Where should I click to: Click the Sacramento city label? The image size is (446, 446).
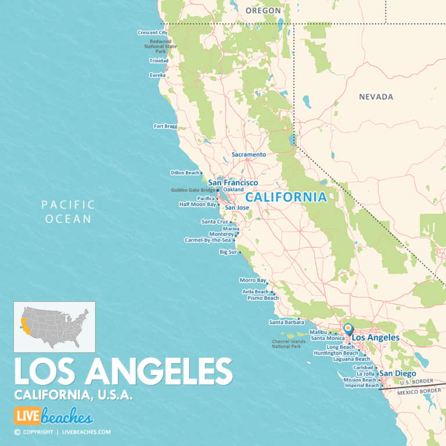pyautogui.click(x=249, y=154)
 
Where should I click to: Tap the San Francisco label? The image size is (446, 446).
pyautogui.click(x=233, y=182)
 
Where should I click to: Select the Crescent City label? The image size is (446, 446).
pyautogui.click(x=152, y=33)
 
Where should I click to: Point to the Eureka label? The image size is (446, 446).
pyautogui.click(x=157, y=75)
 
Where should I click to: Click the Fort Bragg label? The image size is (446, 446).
pyautogui.click(x=165, y=126)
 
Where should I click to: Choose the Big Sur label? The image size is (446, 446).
pyautogui.click(x=228, y=252)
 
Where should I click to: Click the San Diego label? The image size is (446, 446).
pyautogui.click(x=397, y=373)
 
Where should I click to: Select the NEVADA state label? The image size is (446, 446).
pyautogui.click(x=376, y=97)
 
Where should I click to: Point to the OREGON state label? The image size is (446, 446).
pyautogui.click(x=263, y=10)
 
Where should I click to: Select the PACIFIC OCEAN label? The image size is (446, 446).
pyautogui.click(x=69, y=212)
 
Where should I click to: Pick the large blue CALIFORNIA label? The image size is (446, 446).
pyautogui.click(x=286, y=197)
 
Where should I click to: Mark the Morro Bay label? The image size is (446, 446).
pyautogui.click(x=253, y=280)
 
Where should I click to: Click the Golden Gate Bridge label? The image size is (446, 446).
pyautogui.click(x=193, y=190)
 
